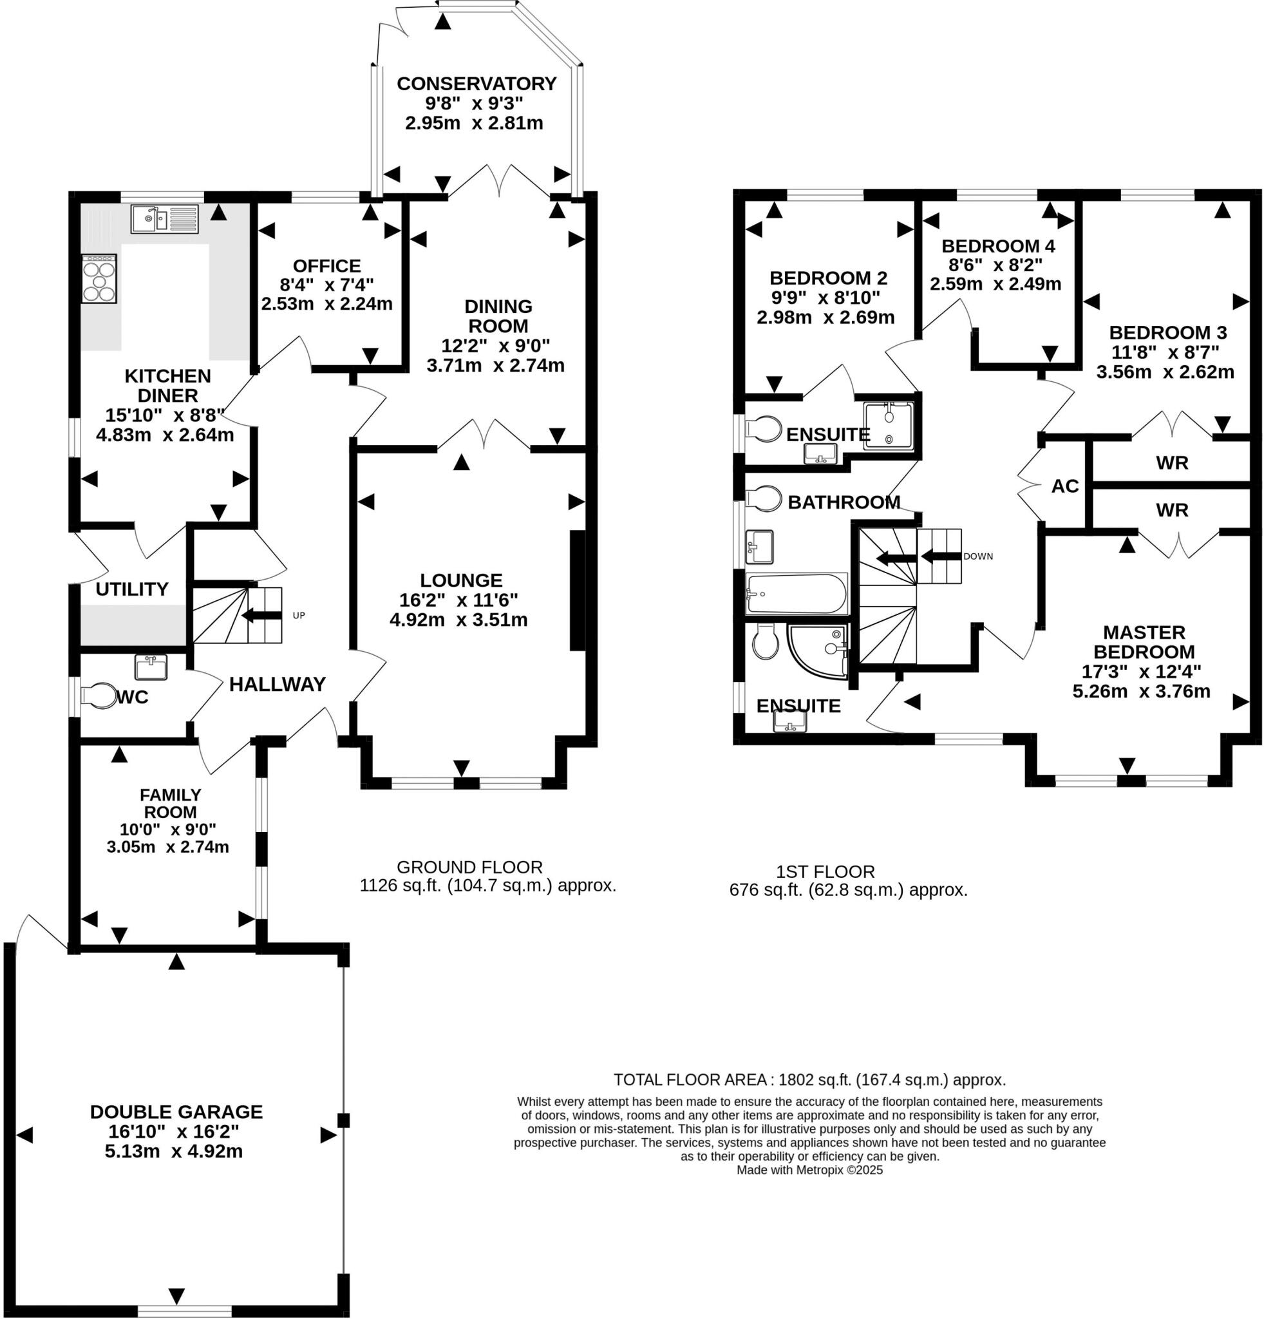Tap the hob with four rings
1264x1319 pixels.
point(100,279)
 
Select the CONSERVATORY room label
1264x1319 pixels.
point(476,84)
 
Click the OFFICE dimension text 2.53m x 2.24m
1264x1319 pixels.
point(326,303)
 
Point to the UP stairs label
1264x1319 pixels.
point(299,615)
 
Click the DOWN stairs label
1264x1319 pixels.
point(977,556)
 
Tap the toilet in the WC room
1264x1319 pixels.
point(99,696)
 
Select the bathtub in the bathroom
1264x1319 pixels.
point(797,594)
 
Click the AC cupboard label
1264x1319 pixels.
point(1064,486)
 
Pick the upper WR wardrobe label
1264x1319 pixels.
point(1172,463)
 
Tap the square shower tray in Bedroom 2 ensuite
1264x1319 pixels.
point(889,425)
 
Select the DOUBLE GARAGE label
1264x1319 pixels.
point(176,1112)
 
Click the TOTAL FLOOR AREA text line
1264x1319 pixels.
point(809,1080)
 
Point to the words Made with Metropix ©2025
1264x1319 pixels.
point(809,1170)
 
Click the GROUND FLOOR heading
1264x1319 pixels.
point(469,868)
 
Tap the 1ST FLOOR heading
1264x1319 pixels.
point(825,872)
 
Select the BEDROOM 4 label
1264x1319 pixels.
point(997,246)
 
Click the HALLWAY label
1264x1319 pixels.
point(277,685)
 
